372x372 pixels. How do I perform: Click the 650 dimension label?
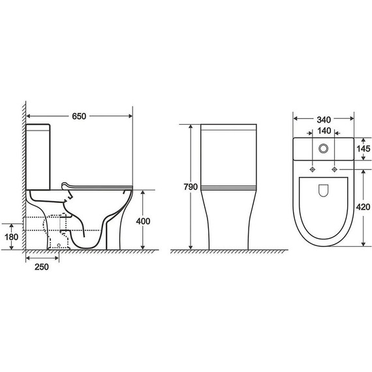pos(79,116)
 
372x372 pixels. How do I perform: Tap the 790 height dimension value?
pos(191,187)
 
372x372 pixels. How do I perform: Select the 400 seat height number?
pos(143,221)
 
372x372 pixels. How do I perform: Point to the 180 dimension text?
pos(11,237)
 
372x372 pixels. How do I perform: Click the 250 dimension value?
pos(42,267)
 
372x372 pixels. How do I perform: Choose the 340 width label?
pos(324,120)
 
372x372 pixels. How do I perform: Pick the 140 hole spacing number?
pos(324,131)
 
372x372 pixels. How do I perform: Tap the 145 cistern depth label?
pos(364,149)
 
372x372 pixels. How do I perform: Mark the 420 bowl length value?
pos(363,207)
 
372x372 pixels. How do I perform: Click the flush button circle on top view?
pos(323,149)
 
